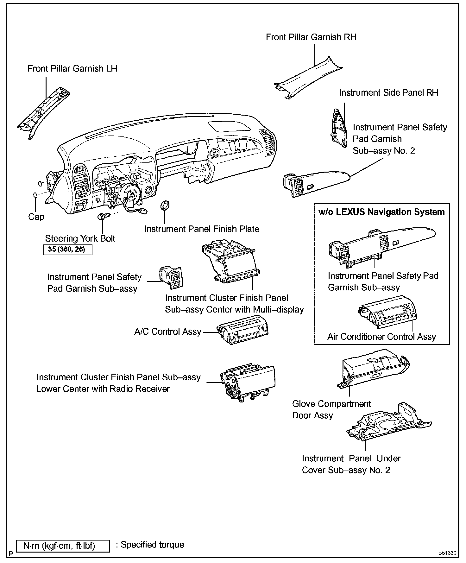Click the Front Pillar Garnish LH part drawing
click(44, 114)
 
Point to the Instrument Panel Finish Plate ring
click(165, 206)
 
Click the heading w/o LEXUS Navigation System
click(381, 212)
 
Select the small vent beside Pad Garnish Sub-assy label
click(171, 277)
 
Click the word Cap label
click(36, 217)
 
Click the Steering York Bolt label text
click(80, 238)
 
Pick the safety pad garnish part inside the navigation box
click(381, 245)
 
